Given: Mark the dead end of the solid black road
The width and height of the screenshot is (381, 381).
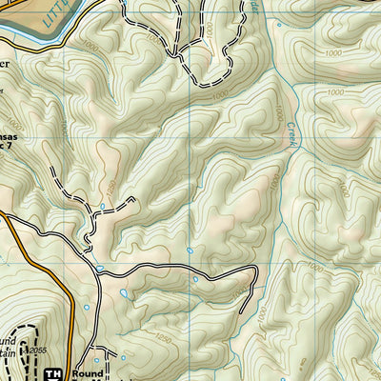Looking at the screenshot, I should [244, 312].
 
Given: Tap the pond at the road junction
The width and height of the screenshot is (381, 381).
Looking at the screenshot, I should [99, 270].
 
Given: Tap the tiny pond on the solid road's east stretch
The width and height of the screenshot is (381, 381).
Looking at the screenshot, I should [195, 280].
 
